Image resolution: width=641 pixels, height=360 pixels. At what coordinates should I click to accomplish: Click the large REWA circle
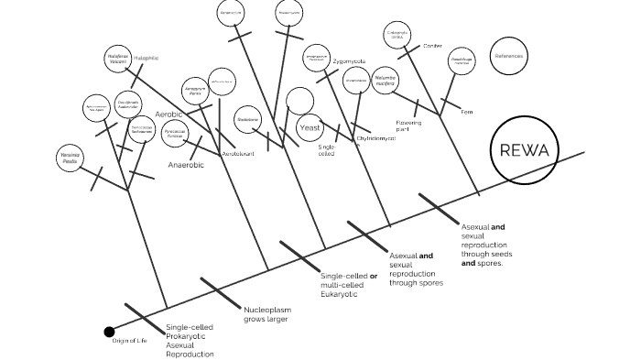click(x=525, y=151)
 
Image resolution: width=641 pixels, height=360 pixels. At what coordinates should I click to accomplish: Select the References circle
click(x=509, y=56)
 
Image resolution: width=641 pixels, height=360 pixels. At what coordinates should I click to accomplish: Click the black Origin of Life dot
click(x=110, y=332)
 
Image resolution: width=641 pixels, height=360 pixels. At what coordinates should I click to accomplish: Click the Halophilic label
click(x=147, y=58)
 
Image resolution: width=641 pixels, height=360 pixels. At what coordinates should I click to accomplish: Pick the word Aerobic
click(x=169, y=115)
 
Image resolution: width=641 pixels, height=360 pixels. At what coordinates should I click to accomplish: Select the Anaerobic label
click(x=186, y=165)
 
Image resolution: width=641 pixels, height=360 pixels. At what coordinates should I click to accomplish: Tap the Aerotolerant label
click(x=238, y=154)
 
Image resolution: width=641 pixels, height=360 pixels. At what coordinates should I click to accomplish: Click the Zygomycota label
click(x=349, y=60)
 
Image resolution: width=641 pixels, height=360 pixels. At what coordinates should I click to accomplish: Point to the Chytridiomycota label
click(x=363, y=138)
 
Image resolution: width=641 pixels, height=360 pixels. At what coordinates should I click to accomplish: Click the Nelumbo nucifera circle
click(x=386, y=81)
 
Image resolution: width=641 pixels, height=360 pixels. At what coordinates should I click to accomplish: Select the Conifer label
click(x=432, y=45)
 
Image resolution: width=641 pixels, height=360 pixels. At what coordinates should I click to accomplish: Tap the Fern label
click(x=466, y=112)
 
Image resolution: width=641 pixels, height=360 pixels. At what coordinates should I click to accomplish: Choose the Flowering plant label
click(x=408, y=125)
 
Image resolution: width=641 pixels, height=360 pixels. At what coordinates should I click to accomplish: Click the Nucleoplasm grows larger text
click(x=266, y=314)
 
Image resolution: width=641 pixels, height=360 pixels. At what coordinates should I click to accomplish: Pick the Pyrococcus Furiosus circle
click(x=176, y=133)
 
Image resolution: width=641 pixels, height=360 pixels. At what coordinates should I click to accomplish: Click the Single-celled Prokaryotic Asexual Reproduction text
click(x=190, y=340)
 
